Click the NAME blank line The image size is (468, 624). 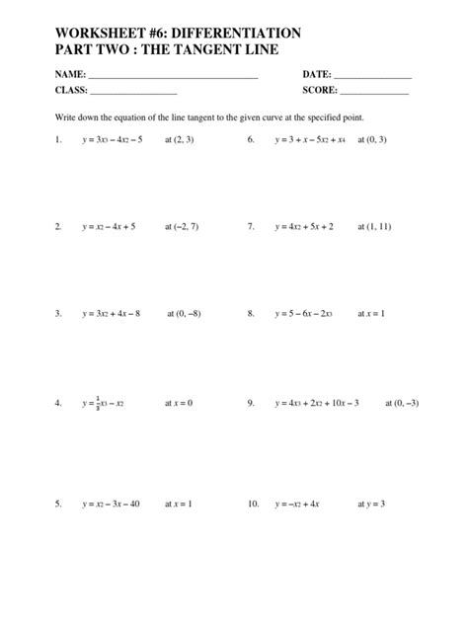tap(173, 76)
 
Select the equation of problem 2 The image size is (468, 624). tap(109, 226)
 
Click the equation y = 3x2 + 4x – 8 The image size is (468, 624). tap(112, 313)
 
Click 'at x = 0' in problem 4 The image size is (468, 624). tap(179, 403)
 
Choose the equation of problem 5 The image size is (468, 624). tap(112, 504)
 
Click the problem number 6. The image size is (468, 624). tap(252, 140)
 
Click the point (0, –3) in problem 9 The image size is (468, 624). tap(401, 403)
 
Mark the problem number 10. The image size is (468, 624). tap(254, 504)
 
